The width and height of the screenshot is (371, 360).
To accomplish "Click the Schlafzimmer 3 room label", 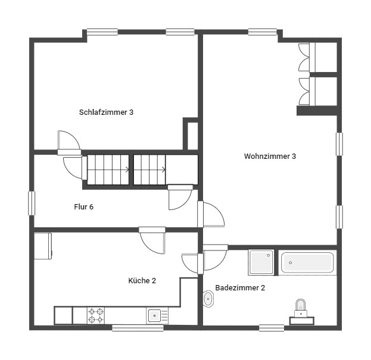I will (106, 112).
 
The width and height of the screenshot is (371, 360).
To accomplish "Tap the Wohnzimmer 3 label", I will (270, 156).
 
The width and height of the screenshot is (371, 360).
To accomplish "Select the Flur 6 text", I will (83, 207).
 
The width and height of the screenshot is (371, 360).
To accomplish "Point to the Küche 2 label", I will (142, 280).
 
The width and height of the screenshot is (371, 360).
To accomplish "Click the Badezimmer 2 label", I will (240, 287).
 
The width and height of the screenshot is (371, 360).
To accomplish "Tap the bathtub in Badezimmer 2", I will (307, 262).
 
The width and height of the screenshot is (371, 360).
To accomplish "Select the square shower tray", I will (261, 262).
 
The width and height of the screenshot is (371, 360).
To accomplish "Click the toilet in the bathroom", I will (302, 308).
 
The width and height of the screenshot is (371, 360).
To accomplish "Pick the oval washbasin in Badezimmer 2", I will (208, 299).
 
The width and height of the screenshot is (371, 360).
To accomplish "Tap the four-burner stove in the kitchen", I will (96, 315).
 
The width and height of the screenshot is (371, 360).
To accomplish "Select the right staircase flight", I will (149, 170).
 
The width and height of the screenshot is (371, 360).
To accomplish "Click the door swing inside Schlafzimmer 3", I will (69, 141).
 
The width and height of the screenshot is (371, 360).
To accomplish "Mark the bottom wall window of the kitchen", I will (129, 327).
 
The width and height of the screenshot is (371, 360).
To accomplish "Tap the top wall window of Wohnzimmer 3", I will (263, 33).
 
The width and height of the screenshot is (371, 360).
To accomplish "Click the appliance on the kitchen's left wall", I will (43, 246).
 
